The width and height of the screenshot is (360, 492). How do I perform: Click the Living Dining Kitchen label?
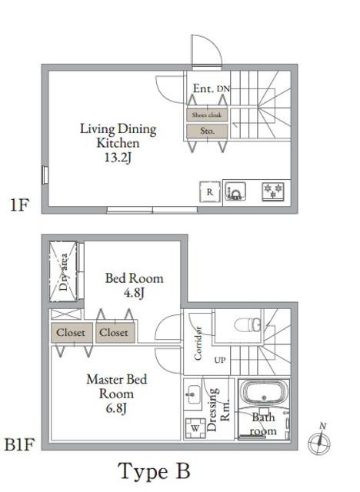click(x=118, y=135)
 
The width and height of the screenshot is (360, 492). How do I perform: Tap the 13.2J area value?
click(x=118, y=158)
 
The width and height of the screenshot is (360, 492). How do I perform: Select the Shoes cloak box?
click(x=206, y=115)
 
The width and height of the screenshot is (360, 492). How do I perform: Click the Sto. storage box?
click(x=206, y=131)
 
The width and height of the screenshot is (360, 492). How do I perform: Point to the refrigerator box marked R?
click(x=209, y=192)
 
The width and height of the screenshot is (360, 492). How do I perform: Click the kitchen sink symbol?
click(x=235, y=191)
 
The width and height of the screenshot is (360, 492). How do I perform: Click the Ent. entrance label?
click(x=202, y=89)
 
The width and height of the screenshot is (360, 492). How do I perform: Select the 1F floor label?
click(x=20, y=205)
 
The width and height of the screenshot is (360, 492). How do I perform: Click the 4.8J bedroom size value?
click(x=135, y=293)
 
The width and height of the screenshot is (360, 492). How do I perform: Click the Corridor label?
click(x=198, y=342)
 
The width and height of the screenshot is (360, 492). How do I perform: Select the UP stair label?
click(x=220, y=360)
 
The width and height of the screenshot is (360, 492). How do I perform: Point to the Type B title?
click(x=153, y=469)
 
